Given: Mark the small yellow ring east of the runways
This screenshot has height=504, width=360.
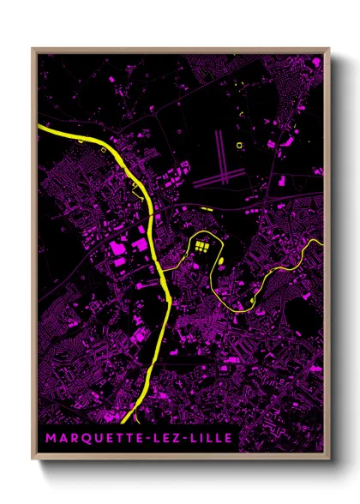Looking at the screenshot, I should click(240, 146).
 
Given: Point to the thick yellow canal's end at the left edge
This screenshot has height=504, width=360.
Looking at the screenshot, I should click(40, 128).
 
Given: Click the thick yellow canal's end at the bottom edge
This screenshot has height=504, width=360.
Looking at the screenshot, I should click(127, 422).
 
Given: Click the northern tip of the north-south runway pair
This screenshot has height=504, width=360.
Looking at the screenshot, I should click(220, 131).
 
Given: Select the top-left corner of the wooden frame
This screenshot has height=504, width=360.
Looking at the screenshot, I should click(33, 50).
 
